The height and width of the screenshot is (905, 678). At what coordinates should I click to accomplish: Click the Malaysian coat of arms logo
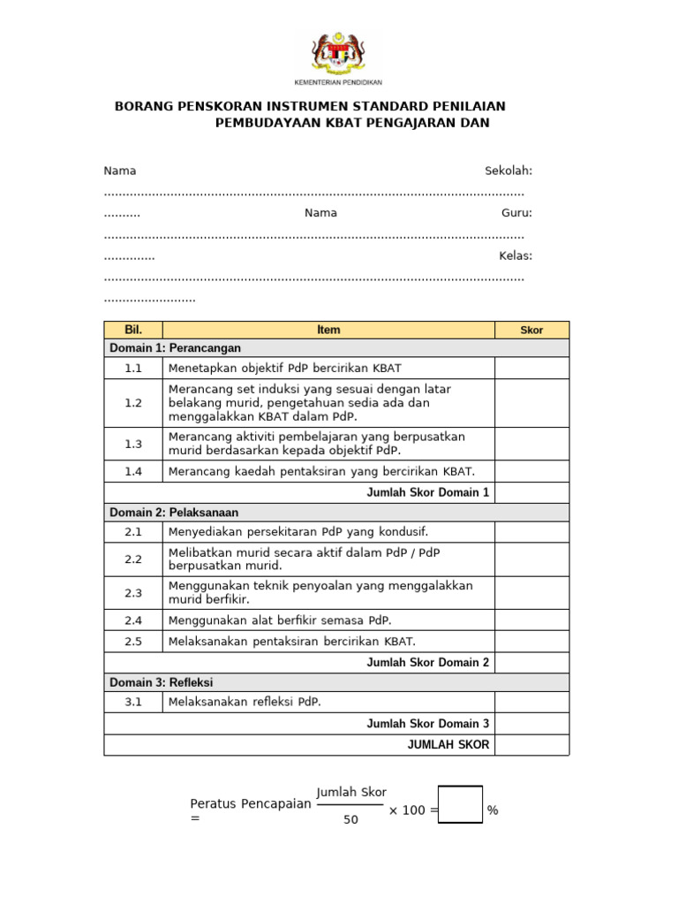(338, 52)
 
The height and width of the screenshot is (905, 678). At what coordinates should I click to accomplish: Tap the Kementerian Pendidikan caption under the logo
(338, 81)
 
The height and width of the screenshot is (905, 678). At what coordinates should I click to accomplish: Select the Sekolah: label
(508, 171)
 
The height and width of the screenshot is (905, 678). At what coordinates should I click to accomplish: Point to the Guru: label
(516, 213)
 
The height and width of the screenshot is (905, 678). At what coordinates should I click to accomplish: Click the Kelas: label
(516, 255)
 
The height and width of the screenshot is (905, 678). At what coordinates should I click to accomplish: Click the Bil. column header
(133, 330)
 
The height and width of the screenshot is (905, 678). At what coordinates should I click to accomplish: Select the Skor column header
(531, 330)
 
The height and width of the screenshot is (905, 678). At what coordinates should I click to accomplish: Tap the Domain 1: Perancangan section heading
(175, 348)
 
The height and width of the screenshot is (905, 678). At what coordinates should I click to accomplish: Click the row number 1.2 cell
(133, 403)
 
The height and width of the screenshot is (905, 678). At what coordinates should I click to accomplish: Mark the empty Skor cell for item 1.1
(531, 368)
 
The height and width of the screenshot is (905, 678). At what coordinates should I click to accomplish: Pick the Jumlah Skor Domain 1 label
(427, 492)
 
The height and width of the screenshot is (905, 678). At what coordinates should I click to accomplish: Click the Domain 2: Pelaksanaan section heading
(174, 513)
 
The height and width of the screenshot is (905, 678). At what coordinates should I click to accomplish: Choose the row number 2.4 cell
(133, 620)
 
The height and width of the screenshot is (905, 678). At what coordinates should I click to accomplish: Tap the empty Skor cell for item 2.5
(531, 642)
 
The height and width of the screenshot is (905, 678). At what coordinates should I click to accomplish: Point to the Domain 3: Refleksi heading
(161, 682)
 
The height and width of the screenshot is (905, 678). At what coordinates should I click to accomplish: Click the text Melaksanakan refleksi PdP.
(245, 703)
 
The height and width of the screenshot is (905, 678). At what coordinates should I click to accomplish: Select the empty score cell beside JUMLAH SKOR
(531, 745)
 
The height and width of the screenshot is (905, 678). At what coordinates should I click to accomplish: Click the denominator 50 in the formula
(350, 819)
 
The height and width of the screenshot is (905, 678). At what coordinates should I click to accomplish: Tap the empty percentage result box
(460, 804)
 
